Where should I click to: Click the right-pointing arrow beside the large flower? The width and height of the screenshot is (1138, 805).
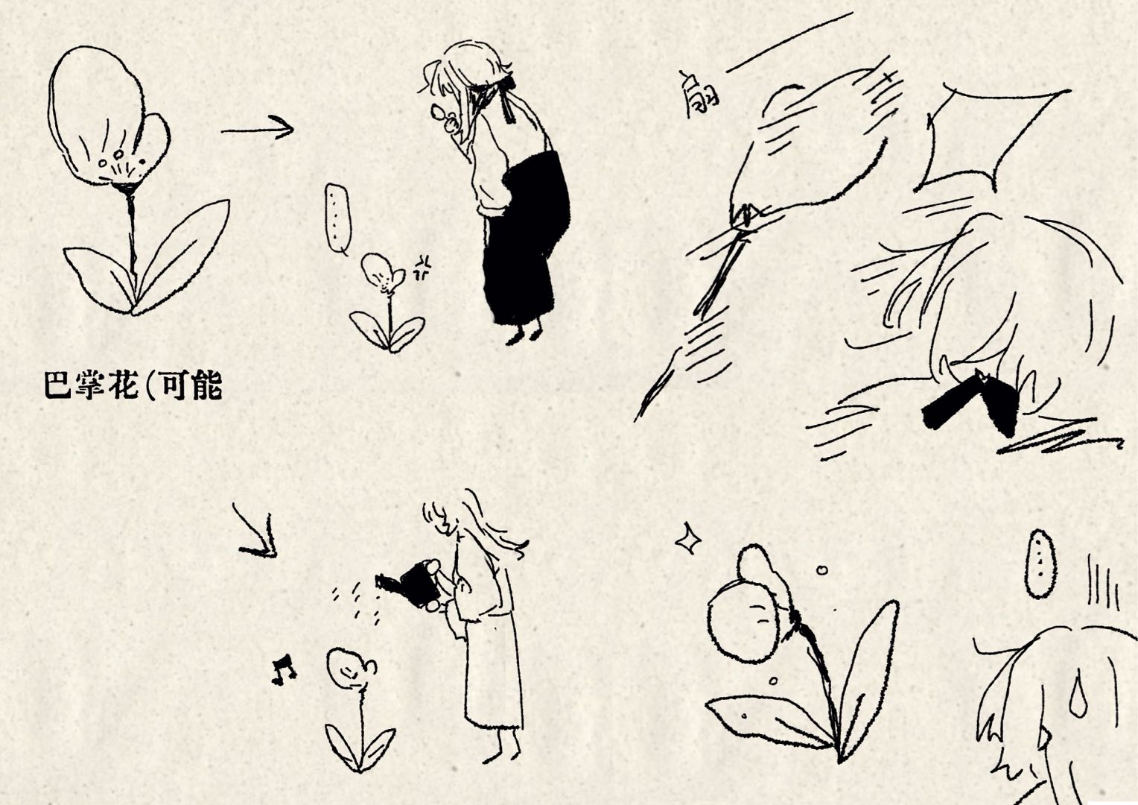point(258,129)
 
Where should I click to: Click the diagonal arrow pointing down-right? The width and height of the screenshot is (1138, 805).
point(255,532)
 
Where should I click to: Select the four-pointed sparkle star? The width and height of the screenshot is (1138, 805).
point(688,538)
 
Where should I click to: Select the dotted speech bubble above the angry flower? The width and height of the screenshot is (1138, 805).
point(338,218)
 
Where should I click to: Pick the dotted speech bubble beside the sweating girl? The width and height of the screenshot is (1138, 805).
point(1040,563)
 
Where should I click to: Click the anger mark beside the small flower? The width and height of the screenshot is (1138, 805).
point(422,268)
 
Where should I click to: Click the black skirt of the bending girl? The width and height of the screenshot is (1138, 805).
point(526,239)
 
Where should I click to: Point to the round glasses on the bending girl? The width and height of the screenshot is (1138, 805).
point(444,118)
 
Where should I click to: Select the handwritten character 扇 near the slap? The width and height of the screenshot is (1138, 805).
point(699,94)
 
